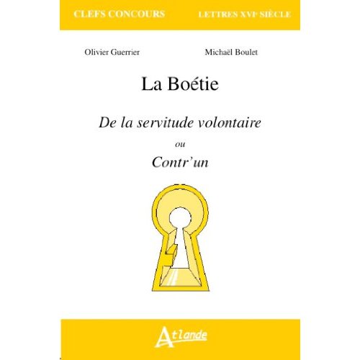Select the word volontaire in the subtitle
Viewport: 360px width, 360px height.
click(226, 122)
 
